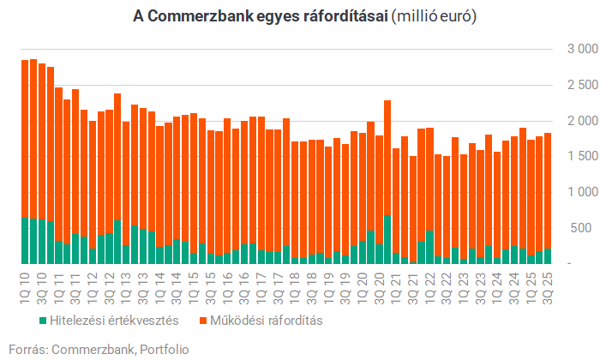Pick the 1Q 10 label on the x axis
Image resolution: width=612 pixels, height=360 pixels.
point(25,284)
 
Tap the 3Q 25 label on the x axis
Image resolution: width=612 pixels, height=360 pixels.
point(545,284)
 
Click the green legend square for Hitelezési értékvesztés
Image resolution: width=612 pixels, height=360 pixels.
point(43,321)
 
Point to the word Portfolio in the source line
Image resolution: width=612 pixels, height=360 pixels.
point(162,349)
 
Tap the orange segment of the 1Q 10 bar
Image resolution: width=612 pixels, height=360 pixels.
point(25,137)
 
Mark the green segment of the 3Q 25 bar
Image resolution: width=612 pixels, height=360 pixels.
point(545,255)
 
